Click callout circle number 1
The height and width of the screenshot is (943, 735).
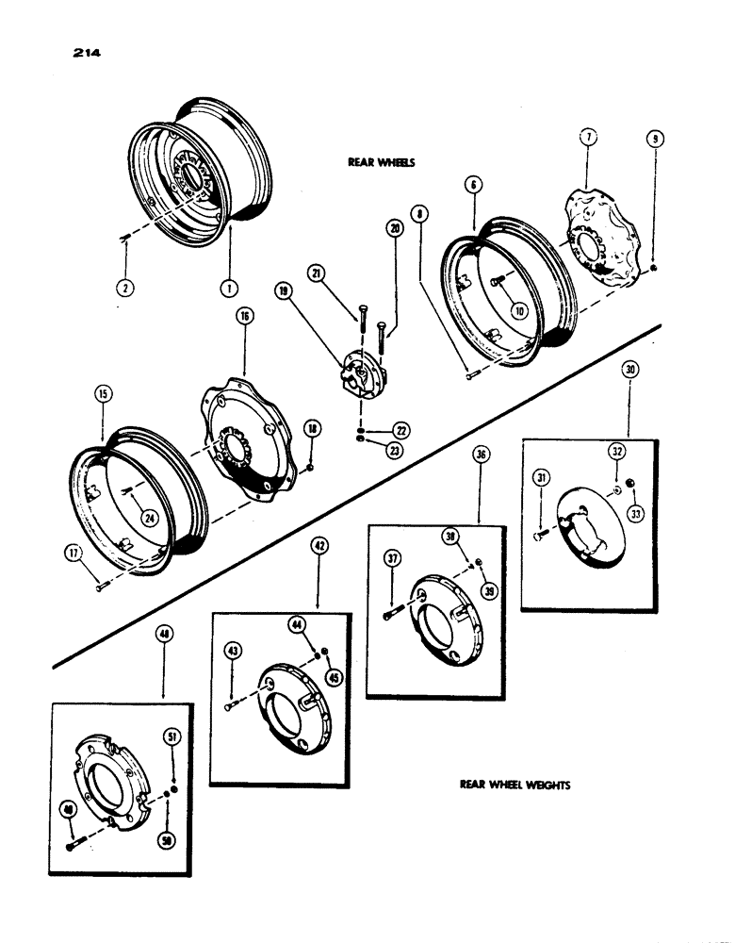230,288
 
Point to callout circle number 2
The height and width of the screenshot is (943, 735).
124,287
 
